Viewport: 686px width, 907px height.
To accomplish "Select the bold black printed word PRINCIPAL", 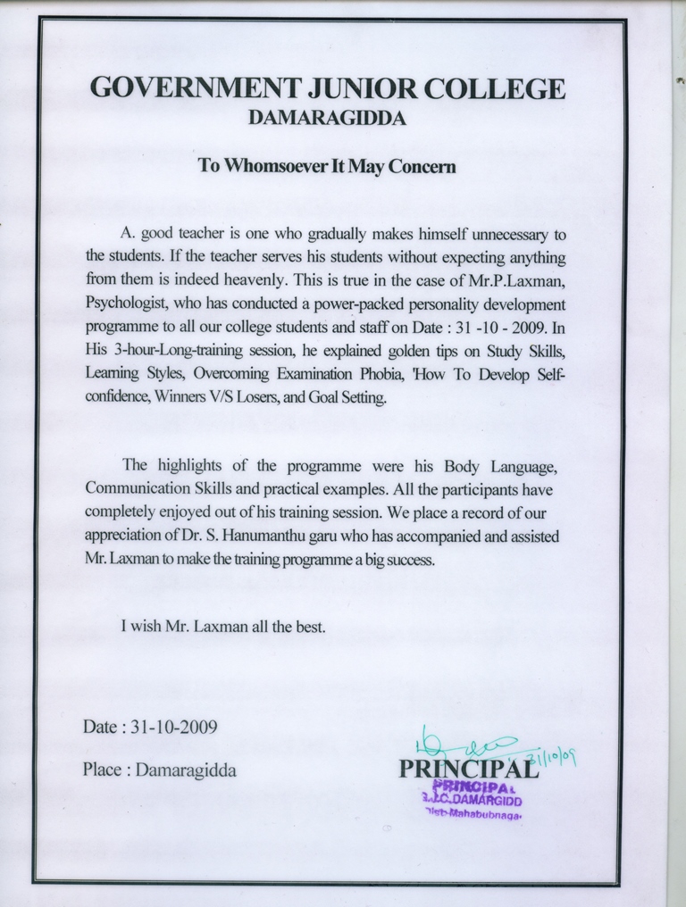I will click(468, 769).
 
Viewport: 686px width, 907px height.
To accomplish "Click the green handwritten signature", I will click(464, 743).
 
